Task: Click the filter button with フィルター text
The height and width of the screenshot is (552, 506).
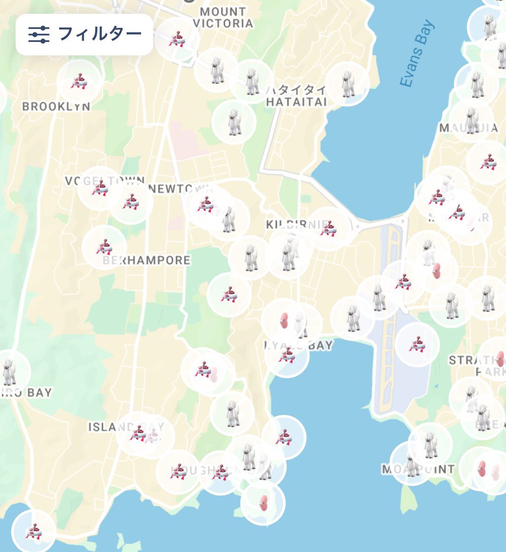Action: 84,34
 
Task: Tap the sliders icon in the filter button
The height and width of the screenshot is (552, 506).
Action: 39,34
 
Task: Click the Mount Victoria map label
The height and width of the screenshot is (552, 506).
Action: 223,17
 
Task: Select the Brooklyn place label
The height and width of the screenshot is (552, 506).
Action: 56,107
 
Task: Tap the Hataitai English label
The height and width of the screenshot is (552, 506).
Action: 296,102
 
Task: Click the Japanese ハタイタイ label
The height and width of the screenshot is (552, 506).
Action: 296,90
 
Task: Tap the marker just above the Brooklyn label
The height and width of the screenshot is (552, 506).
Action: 79,81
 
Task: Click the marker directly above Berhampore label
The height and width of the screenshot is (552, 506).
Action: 104,247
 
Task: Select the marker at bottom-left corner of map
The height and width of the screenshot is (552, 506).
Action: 33,531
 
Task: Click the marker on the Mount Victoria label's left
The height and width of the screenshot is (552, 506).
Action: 177,39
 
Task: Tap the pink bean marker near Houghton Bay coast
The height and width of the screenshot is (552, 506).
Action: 263,503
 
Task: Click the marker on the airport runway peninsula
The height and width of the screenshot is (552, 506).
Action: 417,345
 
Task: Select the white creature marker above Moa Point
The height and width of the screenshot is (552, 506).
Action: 430,444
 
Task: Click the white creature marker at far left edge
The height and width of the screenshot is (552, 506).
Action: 9,372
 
